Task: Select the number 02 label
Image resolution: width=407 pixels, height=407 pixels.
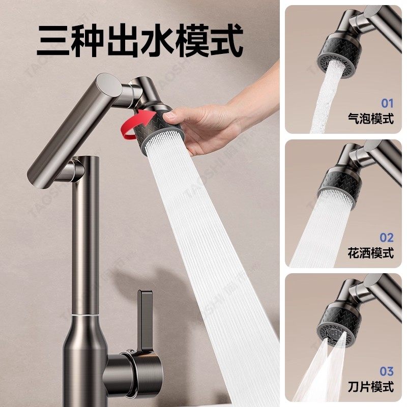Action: click(387, 237)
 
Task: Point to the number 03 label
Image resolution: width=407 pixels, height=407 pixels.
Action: click(387, 372)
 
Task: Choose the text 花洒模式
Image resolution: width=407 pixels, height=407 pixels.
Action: click(370, 253)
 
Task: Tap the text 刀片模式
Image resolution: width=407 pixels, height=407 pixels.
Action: click(370, 387)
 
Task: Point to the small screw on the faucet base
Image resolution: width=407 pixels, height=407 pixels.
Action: click(133, 351)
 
